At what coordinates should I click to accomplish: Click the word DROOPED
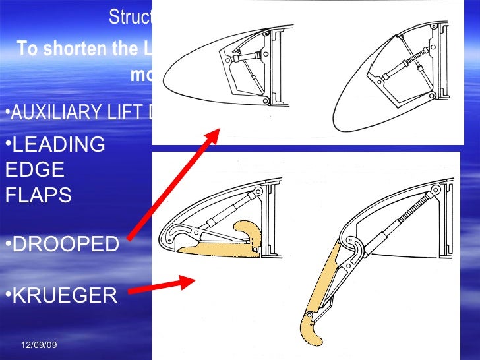[x=66, y=244]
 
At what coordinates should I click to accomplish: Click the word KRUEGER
[x=65, y=296]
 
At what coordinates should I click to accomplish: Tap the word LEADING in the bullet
[x=59, y=144]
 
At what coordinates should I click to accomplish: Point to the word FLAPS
[x=38, y=196]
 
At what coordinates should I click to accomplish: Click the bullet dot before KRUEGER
[x=7, y=295]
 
